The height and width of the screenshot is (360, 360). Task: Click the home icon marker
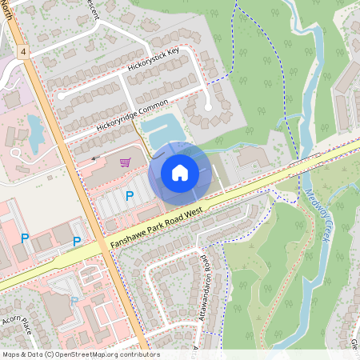(x=180, y=172)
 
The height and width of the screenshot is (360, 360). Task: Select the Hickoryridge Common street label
(x=133, y=116)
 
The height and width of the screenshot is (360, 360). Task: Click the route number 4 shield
(x=25, y=51)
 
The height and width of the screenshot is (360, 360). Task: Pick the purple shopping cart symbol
(x=125, y=162)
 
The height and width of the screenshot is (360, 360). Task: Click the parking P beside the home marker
(x=128, y=195)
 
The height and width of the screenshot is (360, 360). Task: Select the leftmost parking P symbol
(x=25, y=238)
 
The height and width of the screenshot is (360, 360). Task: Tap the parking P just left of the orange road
(x=77, y=241)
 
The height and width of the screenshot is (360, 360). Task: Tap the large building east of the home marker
(x=255, y=156)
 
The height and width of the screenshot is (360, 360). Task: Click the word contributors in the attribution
(x=142, y=354)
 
